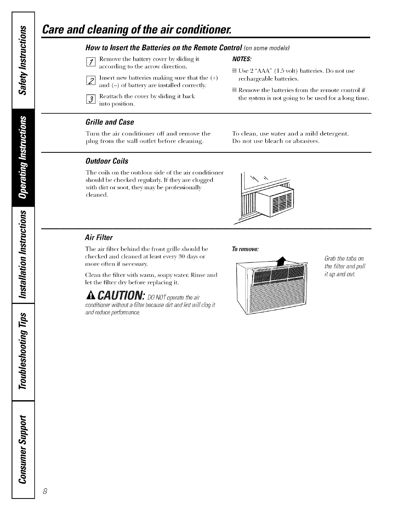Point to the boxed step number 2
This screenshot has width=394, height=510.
[91, 82]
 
